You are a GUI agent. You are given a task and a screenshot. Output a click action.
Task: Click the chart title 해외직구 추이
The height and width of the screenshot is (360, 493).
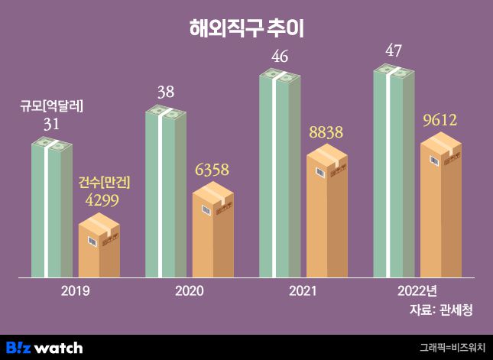pos(246,29)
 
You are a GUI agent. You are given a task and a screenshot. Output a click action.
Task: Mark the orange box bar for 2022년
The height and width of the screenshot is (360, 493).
pos(441,206)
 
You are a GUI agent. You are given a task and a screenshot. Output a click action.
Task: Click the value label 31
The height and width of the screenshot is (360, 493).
pos(52,124)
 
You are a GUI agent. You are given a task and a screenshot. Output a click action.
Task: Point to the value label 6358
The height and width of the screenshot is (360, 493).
pos(213,169)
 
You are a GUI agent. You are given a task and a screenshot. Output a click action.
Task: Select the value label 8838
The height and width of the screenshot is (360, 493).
pos(327,132)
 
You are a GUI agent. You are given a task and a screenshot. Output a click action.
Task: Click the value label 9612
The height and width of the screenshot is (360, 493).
pos(441,120)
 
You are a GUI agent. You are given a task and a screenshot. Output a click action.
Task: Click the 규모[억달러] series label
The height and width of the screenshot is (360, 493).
pos(52,107)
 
